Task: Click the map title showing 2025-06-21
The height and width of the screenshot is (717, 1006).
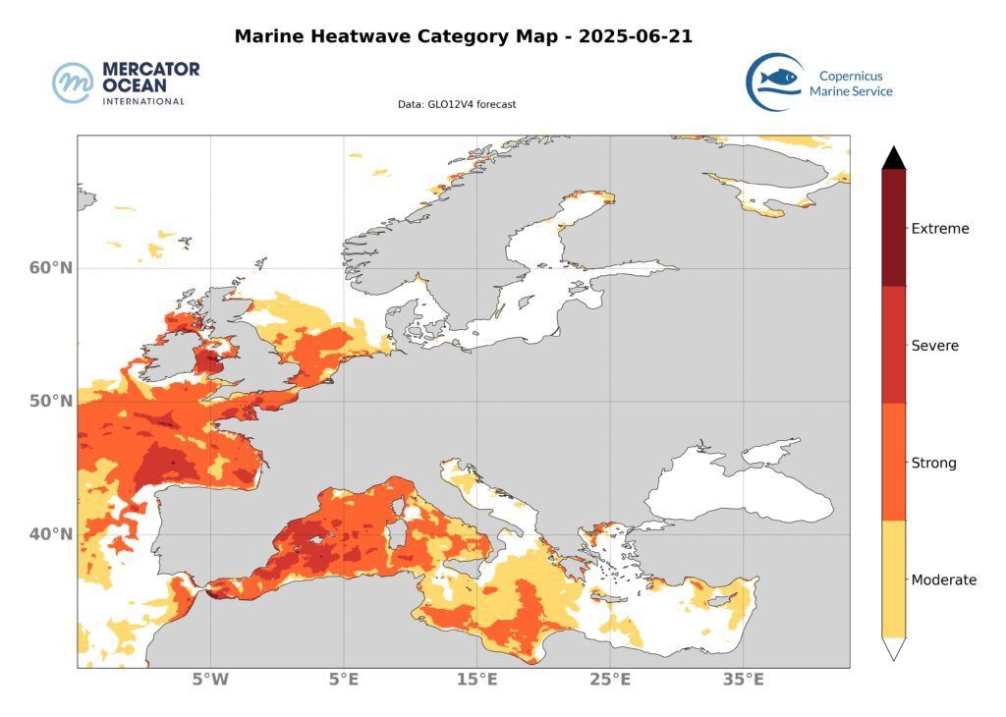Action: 464,37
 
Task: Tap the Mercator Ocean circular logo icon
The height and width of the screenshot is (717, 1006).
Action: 73,83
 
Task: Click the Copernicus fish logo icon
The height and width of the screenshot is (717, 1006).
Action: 773,82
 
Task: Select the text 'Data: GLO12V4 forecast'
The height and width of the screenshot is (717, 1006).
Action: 457,104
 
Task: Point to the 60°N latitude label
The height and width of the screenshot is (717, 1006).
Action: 50,268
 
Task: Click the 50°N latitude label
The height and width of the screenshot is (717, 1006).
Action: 50,402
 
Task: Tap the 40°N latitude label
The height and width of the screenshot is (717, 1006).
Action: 50,534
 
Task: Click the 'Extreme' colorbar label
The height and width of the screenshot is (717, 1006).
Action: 940,229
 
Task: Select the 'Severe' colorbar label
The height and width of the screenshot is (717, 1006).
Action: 935,346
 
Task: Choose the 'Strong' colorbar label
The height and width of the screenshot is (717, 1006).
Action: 933,463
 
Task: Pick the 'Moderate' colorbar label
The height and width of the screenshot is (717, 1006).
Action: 944,579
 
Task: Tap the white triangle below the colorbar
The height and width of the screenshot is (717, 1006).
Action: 893,648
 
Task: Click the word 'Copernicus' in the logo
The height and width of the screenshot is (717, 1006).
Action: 851,75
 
